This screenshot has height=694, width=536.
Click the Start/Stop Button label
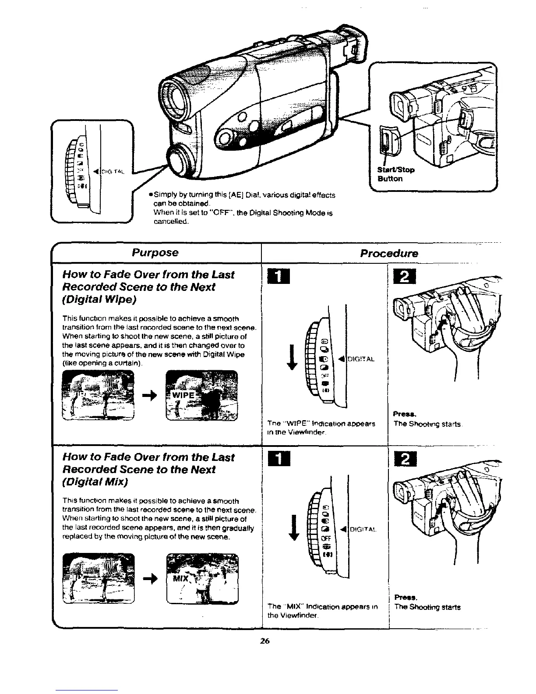click(396, 174)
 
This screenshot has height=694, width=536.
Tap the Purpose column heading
click(155, 253)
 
